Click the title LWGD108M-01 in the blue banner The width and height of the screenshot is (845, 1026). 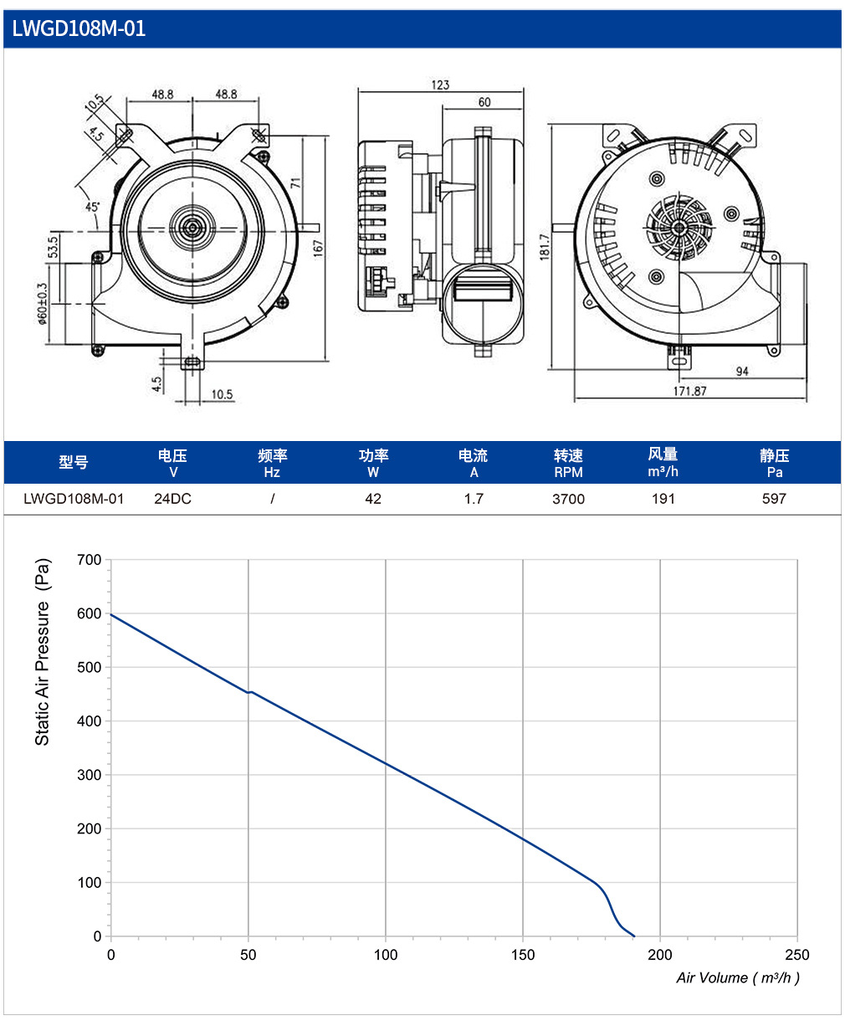[x=79, y=28]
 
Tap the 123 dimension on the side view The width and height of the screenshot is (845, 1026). [x=440, y=85]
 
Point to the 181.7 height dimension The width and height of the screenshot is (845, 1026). [x=545, y=247]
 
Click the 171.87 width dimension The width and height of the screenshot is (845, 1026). [x=689, y=391]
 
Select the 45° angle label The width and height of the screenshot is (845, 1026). [x=92, y=207]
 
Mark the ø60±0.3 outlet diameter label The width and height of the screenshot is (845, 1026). [x=42, y=304]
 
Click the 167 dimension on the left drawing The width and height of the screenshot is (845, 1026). [x=319, y=247]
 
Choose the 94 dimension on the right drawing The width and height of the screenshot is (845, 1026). [x=742, y=372]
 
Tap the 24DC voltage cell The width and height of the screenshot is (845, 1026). [x=172, y=499]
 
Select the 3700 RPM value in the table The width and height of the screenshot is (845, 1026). [x=568, y=499]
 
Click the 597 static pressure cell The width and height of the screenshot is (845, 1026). [x=774, y=499]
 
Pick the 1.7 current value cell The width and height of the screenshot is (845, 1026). [x=474, y=499]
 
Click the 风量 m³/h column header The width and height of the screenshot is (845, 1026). [x=663, y=463]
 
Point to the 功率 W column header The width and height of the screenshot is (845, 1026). [x=373, y=464]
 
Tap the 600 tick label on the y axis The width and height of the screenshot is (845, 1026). [x=89, y=613]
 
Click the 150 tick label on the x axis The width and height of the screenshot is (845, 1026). [x=523, y=955]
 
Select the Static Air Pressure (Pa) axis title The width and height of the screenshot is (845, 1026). [x=43, y=652]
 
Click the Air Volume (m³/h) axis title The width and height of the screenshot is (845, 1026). [x=738, y=977]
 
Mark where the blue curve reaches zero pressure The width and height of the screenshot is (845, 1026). [x=634, y=936]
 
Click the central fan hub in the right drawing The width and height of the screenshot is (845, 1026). [x=679, y=228]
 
